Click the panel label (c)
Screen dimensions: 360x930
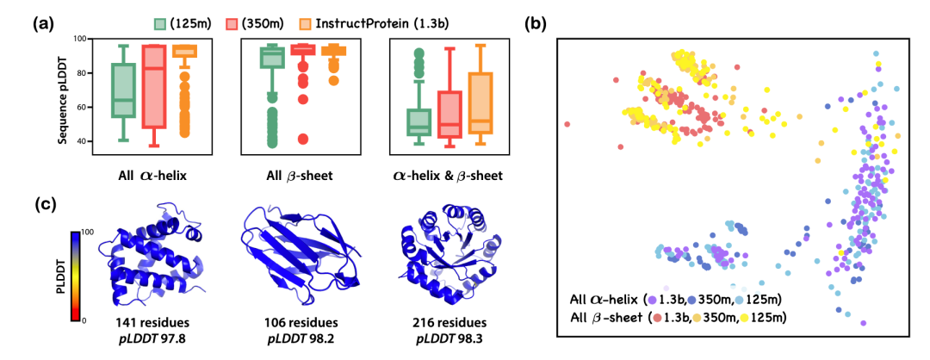coord(44,205)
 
